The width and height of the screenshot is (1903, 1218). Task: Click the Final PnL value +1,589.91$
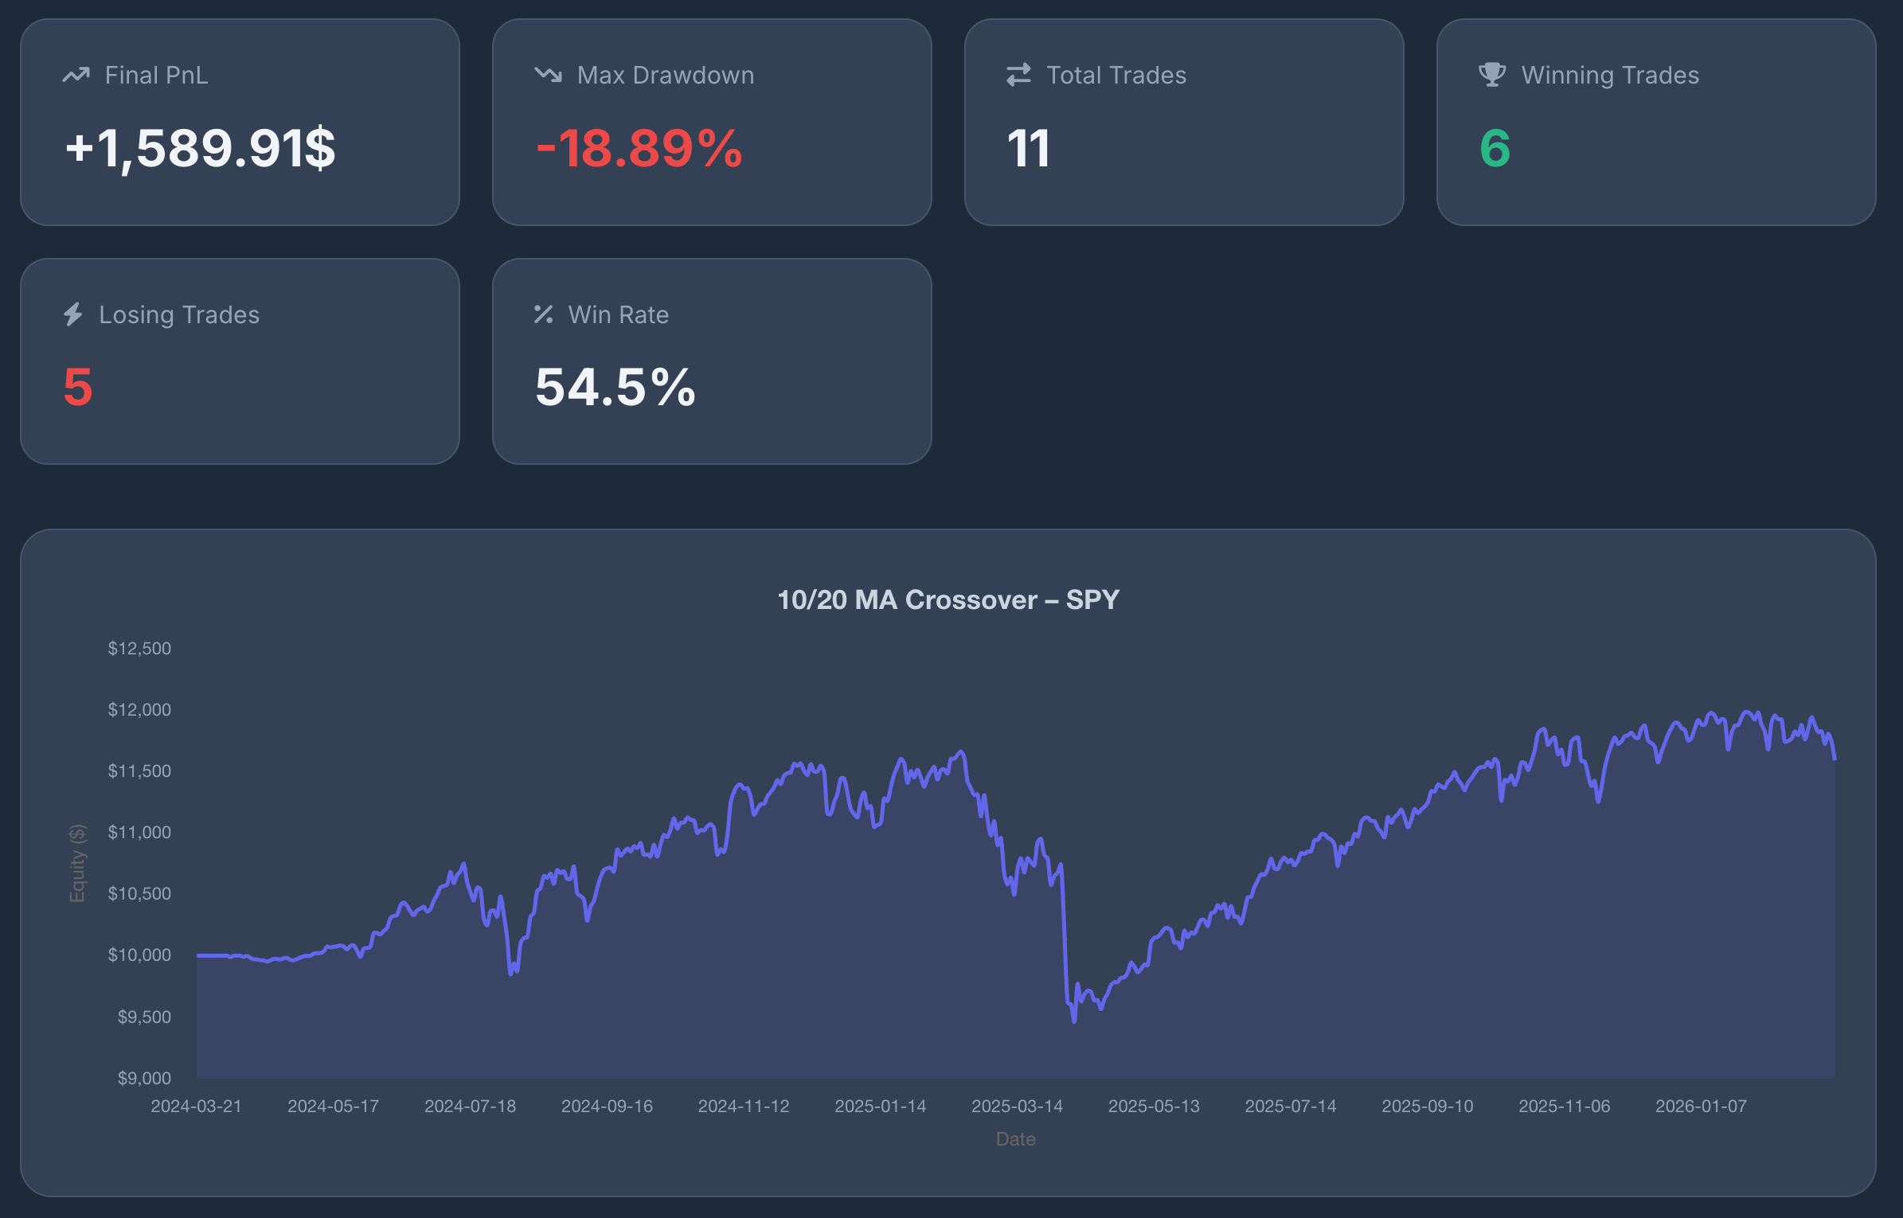(200, 149)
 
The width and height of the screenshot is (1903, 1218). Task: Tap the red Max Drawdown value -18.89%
(639, 149)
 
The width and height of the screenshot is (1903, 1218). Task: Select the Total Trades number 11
(1028, 149)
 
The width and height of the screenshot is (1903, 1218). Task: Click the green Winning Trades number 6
(1495, 149)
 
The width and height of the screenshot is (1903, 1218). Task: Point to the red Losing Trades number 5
(78, 388)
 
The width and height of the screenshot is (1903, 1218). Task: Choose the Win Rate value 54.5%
(615, 388)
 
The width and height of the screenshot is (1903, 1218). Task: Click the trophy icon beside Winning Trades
(1491, 75)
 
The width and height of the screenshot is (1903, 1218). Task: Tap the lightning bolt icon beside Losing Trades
(73, 314)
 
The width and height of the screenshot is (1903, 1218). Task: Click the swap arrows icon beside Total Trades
(1018, 75)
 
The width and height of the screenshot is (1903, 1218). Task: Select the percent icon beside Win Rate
(544, 314)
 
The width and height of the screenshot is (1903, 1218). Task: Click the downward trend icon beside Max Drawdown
(548, 75)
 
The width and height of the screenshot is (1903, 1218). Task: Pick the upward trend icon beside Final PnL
(76, 75)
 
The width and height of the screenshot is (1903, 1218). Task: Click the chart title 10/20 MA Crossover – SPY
(948, 599)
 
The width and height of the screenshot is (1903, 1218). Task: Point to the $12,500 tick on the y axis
(139, 649)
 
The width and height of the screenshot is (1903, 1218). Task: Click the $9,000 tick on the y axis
(144, 1079)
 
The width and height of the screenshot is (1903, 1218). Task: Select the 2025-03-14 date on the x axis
(1017, 1107)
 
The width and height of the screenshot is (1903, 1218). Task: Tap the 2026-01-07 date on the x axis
(1701, 1107)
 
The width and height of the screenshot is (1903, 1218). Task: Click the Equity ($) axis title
(77, 864)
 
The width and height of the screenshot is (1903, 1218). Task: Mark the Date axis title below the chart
(1015, 1139)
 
